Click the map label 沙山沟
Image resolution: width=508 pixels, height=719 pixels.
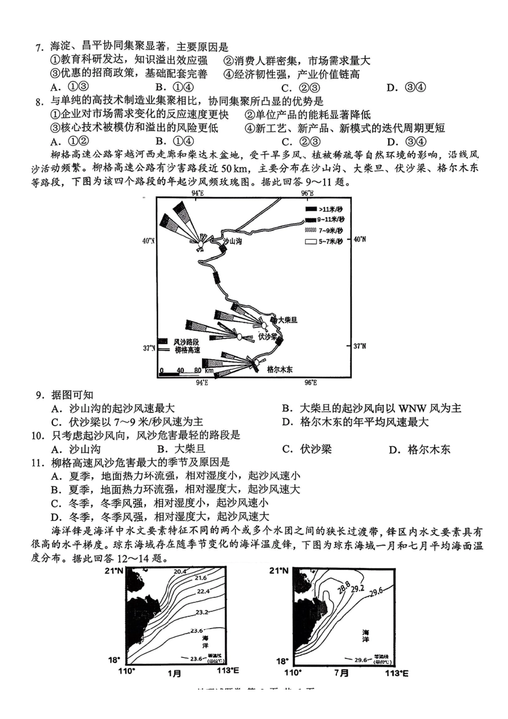point(232,242)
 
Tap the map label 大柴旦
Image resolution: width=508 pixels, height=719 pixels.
point(287,320)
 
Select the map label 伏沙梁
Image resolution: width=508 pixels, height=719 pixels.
point(267,336)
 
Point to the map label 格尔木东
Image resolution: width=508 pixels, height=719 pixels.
point(279,370)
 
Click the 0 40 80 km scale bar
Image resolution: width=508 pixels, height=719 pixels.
point(182,371)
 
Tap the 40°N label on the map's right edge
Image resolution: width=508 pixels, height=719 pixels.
point(359,239)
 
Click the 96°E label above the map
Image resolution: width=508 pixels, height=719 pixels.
point(307,193)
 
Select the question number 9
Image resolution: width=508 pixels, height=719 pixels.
point(40,396)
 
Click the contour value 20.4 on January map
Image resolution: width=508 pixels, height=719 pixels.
point(180,571)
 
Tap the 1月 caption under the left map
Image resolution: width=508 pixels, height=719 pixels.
point(174,673)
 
